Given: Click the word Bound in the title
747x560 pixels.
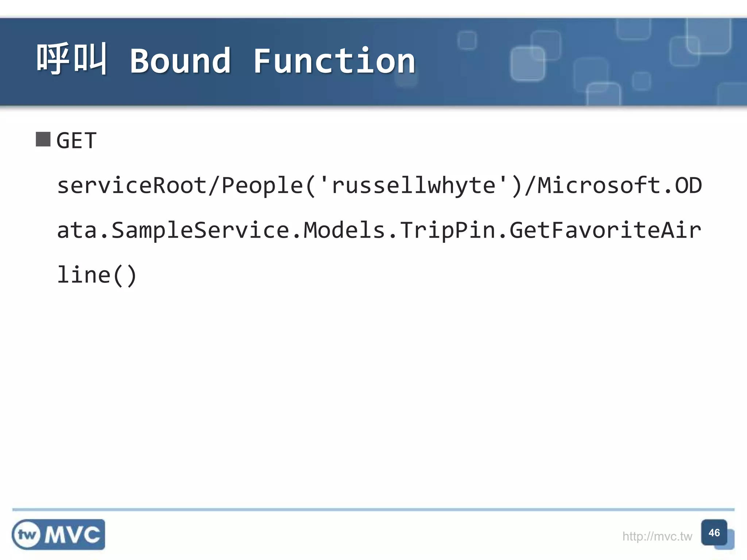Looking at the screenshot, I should point(181,61).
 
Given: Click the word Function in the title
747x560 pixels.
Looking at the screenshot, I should point(334,61).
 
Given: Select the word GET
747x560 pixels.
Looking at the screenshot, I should point(77,141).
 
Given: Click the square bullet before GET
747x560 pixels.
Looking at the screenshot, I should point(43,139).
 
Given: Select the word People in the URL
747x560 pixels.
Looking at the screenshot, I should point(262,186).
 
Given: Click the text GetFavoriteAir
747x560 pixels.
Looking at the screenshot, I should point(605,230).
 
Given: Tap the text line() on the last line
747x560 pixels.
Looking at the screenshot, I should point(97,275).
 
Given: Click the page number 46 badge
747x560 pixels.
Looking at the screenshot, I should point(714,533).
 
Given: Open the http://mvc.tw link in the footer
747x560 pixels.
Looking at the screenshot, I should point(657,536).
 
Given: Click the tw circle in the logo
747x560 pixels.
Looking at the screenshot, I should point(27,535).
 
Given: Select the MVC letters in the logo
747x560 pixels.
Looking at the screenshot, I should point(72,535).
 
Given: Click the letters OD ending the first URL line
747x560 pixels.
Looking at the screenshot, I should point(688,186).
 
